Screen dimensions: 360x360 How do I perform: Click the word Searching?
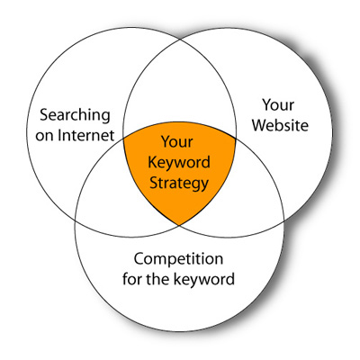[x=75, y=116]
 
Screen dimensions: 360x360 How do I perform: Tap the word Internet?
[x=86, y=135]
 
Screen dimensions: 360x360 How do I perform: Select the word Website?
[x=280, y=125]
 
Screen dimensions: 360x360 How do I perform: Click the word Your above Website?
[x=278, y=105]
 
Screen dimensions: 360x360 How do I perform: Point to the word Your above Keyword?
[x=177, y=141]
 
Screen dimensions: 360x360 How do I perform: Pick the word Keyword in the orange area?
[x=179, y=162]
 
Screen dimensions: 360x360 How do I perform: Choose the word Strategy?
[x=179, y=184]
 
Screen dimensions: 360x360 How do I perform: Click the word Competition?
[x=178, y=258]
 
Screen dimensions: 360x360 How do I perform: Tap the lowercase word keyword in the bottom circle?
[x=204, y=279]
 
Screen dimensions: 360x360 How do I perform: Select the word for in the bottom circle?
[x=132, y=279]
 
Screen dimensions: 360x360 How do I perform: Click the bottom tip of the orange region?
[x=179, y=225]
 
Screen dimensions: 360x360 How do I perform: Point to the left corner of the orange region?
[x=123, y=138]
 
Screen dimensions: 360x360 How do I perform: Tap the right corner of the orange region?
[x=236, y=139]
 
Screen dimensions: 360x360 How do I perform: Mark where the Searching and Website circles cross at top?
[x=180, y=40]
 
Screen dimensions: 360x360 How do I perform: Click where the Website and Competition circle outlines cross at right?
[x=283, y=221]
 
